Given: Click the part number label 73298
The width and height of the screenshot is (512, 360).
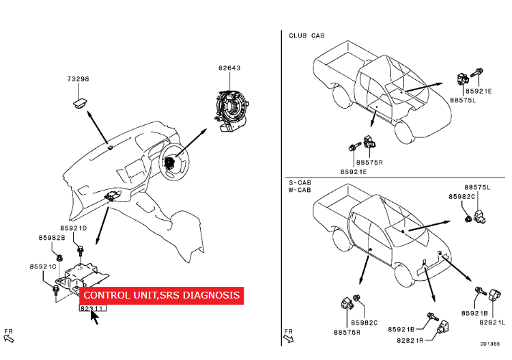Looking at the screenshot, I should click(78, 79).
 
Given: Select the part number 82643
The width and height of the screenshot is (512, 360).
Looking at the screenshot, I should click(229, 68).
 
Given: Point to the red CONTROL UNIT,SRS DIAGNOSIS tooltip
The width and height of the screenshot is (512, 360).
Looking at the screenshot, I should click(161, 295).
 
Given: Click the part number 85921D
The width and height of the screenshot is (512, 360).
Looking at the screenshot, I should click(73, 228).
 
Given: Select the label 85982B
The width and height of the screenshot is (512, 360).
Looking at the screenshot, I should click(51, 238).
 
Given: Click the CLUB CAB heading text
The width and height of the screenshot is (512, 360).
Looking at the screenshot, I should click(307, 36).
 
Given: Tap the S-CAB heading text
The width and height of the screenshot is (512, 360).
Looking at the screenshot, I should click(299, 183).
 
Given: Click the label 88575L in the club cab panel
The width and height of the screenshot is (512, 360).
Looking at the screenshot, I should click(463, 100).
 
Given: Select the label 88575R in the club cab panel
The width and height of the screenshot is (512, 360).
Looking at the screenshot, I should click(370, 163).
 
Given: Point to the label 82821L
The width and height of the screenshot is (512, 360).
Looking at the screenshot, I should click(492, 322).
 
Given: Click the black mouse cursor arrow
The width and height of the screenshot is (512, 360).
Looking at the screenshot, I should click(94, 317).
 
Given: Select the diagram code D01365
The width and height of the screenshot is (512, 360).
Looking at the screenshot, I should click(489, 344).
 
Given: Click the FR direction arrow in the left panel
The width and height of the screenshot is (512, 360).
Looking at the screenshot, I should click(9, 335).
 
